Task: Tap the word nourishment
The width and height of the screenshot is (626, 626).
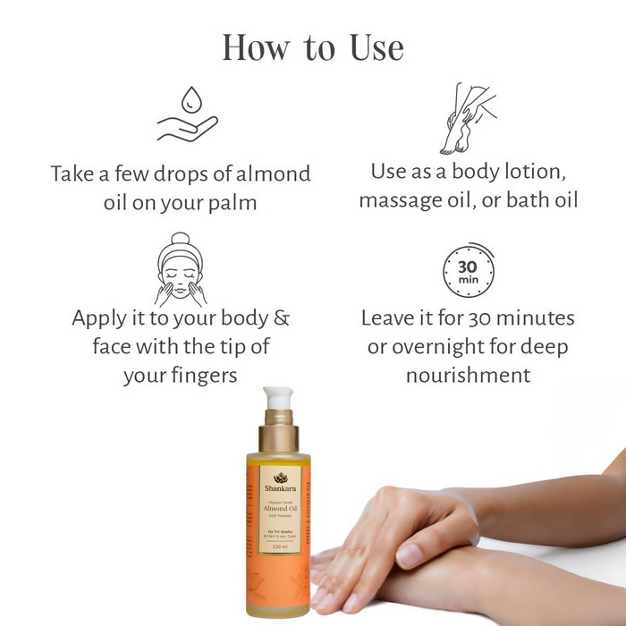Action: point(468,374)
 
